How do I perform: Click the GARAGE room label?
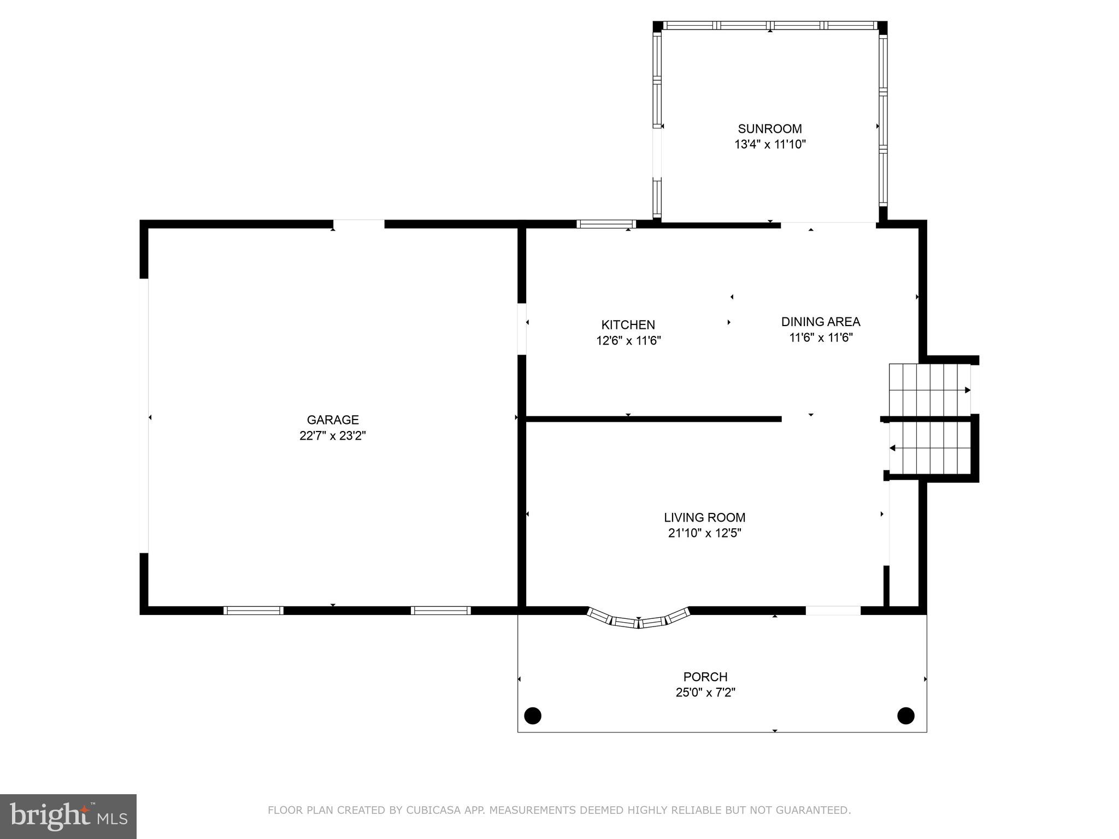333,419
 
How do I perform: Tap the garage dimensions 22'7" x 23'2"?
333,436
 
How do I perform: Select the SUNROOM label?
770,129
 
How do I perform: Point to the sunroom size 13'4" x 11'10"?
770,145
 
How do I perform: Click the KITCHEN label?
628,325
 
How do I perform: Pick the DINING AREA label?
821,322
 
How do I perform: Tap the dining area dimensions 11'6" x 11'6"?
821,338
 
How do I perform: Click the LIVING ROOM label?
704,517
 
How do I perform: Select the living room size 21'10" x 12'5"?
704,533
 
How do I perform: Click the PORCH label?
705,677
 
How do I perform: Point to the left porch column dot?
533,715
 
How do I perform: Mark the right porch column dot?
906,715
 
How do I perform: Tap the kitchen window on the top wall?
606,224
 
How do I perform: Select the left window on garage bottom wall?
253,611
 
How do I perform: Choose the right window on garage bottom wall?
441,611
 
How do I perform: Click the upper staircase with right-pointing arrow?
929,390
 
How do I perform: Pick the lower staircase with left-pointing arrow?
929,448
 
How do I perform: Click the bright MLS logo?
68,817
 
